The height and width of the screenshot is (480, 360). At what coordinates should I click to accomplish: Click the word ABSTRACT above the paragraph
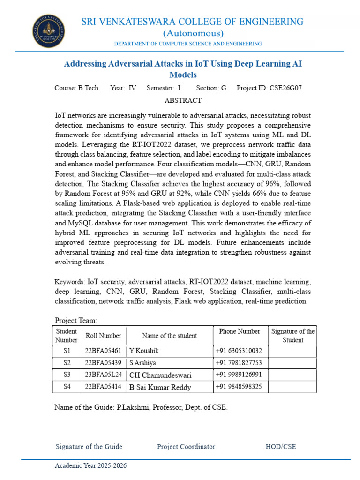point(183,100)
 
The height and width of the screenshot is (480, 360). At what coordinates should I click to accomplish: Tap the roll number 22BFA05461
point(103,351)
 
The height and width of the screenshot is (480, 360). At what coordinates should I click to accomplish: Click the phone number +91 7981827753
point(239,363)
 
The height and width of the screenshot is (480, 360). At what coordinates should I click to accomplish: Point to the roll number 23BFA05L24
point(103,375)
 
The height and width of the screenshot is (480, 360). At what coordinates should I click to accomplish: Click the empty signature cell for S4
point(292,387)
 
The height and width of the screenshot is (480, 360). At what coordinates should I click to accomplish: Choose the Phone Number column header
point(240,331)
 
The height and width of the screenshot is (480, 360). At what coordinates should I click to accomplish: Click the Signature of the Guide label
point(89,447)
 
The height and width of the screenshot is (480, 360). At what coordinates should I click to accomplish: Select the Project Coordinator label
point(186,447)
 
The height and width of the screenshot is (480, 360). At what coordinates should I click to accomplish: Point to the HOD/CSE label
point(281,447)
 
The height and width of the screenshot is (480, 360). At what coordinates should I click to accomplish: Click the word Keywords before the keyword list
point(70,282)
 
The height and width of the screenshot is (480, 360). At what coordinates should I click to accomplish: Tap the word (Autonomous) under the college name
point(193,33)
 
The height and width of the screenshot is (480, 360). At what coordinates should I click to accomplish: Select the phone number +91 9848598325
point(239,387)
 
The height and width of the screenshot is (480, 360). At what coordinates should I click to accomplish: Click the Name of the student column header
point(169,336)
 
